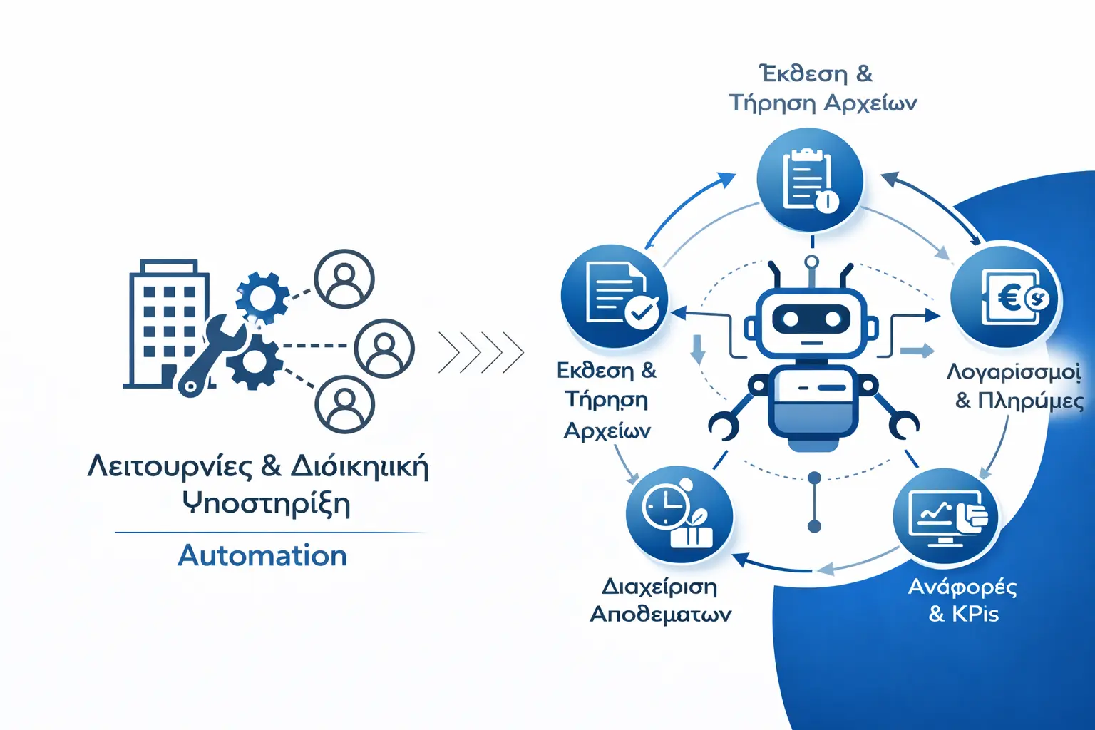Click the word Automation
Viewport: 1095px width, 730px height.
tap(262, 555)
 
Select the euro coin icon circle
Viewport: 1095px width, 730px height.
tap(1007, 296)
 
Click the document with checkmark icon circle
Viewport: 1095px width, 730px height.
tap(615, 296)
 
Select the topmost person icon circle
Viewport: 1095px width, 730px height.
tap(344, 278)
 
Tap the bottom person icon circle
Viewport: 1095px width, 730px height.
tap(345, 403)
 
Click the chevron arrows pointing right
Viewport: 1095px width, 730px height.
tap(481, 352)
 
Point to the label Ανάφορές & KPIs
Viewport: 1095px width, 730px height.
tap(963, 600)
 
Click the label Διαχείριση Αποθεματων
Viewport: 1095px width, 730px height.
tap(660, 600)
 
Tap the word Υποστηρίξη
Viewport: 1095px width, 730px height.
tap(266, 503)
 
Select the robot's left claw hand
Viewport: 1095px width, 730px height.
tap(724, 424)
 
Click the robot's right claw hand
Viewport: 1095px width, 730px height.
tap(903, 425)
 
